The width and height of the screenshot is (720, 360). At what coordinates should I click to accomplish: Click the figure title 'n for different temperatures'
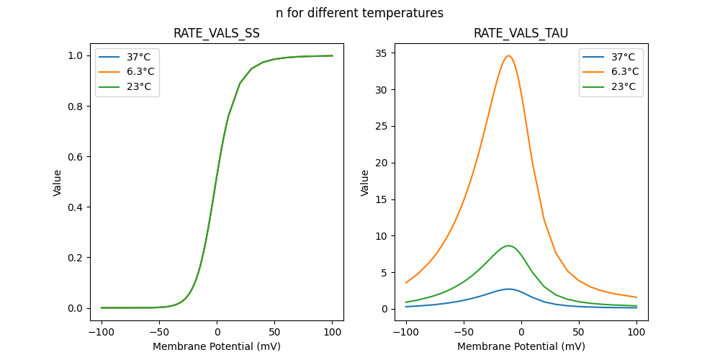coord(359,13)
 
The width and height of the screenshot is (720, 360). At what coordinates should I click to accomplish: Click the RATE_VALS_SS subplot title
coord(217,34)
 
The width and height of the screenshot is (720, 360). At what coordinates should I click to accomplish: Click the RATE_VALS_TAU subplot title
coord(521,34)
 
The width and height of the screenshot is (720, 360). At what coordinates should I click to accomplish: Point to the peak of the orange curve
coord(509,55)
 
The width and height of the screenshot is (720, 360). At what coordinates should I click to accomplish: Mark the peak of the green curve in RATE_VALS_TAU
coord(509,246)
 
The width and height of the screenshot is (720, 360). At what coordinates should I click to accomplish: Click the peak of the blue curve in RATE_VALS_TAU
coord(509,289)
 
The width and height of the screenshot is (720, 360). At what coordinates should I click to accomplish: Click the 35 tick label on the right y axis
coord(382,53)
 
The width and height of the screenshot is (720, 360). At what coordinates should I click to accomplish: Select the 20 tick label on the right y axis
coord(382,163)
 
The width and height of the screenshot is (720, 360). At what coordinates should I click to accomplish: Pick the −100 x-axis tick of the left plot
coord(102,333)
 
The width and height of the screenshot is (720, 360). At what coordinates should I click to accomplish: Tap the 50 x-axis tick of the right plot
coord(579,333)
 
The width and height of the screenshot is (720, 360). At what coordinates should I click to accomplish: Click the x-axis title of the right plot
coord(521,346)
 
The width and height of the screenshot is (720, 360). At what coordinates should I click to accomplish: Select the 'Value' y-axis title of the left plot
coord(58,183)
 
